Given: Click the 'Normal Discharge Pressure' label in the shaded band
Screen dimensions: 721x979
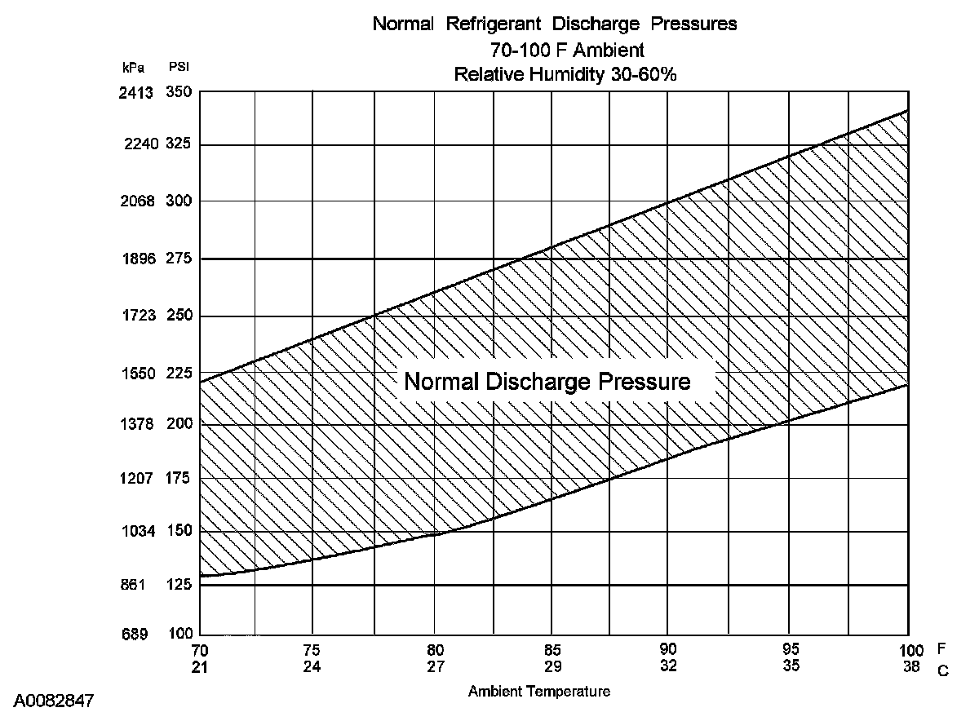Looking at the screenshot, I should (x=547, y=382).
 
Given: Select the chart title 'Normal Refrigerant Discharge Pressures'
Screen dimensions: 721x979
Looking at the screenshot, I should (x=554, y=24).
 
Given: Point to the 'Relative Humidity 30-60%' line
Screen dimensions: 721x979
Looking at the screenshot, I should (x=566, y=74).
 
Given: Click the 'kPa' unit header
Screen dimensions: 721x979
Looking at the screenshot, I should (x=134, y=68).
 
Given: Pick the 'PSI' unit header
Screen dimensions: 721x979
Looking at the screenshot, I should (x=179, y=68).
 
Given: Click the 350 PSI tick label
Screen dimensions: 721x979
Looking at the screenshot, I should (x=178, y=92).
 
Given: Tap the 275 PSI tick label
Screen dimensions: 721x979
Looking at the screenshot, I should (x=178, y=259).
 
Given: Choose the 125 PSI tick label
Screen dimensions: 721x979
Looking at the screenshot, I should (x=178, y=585).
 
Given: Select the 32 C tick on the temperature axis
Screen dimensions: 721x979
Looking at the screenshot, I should (x=668, y=666).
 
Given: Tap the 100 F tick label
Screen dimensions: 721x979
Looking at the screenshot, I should (x=912, y=651).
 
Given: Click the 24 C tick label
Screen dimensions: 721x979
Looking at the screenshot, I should (x=312, y=666).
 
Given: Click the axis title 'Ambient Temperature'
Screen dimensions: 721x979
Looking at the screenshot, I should (x=538, y=692).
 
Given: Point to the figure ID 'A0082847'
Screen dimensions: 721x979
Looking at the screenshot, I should (x=53, y=701).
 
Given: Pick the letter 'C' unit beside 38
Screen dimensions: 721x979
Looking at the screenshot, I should (x=942, y=670).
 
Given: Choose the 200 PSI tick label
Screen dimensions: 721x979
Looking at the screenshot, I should (x=178, y=424).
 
